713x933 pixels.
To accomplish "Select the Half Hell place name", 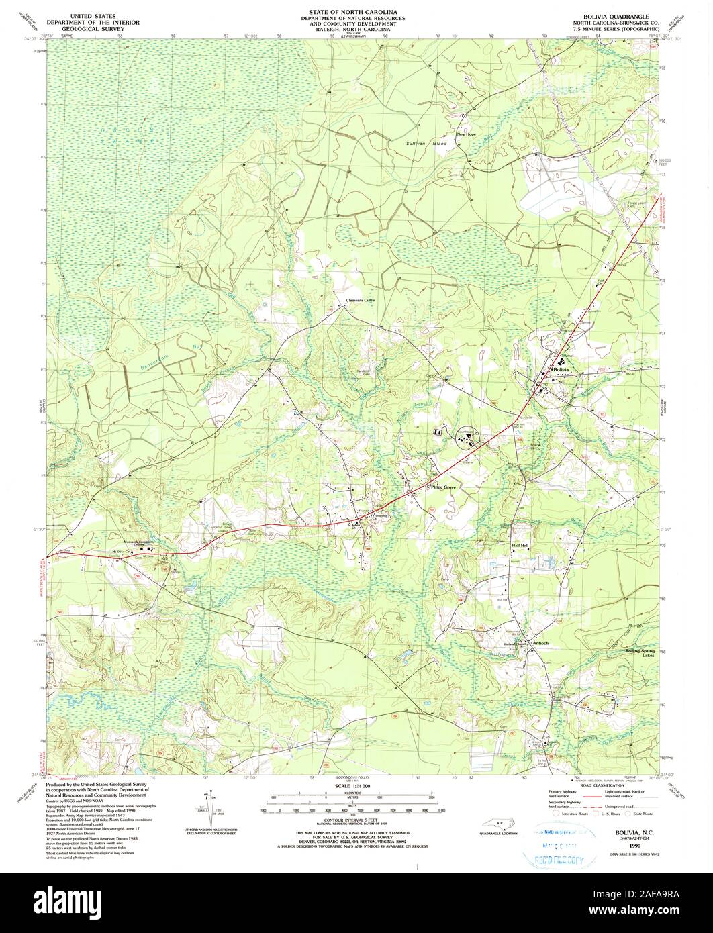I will (521, 546).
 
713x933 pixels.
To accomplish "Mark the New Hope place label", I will (467, 134).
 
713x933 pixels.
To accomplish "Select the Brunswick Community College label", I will (139, 541).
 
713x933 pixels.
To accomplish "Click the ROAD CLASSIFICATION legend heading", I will (600, 786).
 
